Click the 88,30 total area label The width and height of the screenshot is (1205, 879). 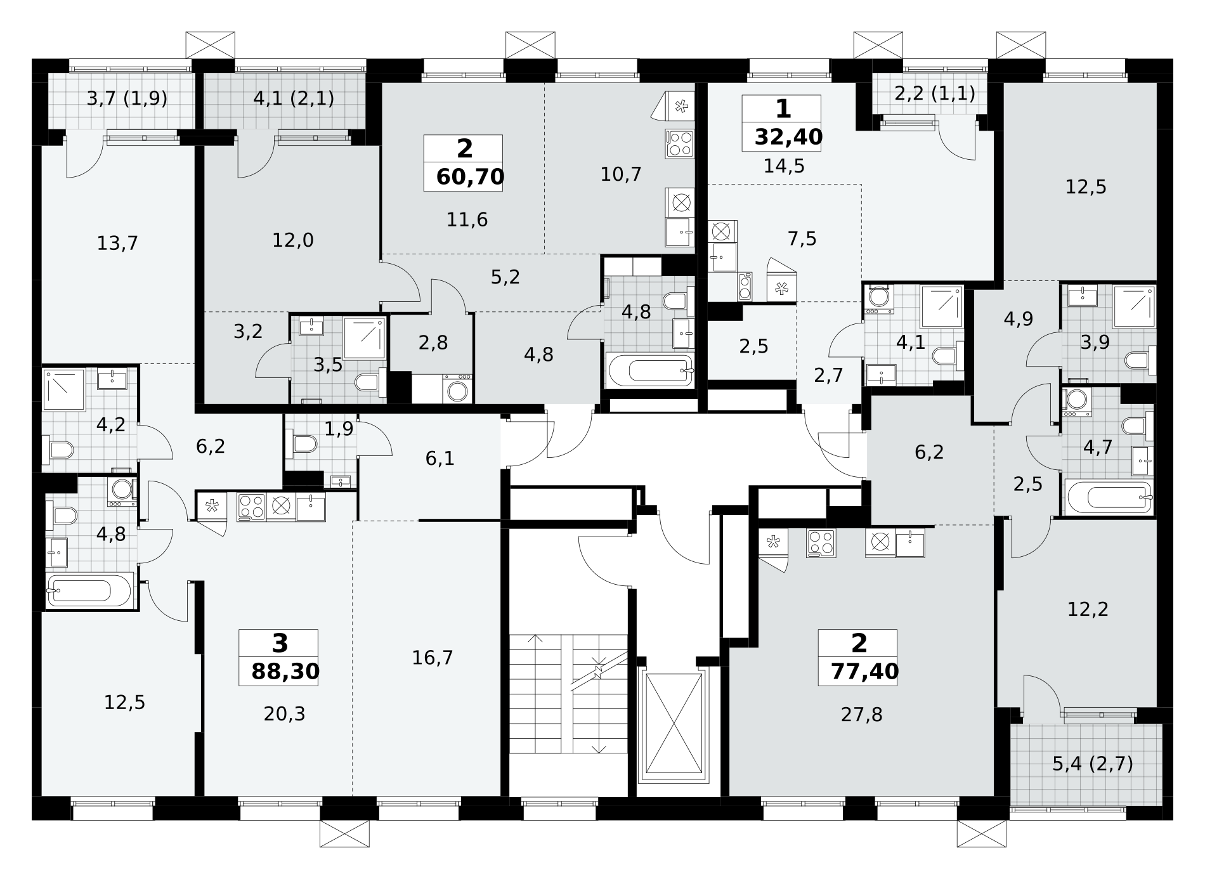pyautogui.click(x=285, y=672)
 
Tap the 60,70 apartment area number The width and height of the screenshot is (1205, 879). pyautogui.click(x=470, y=177)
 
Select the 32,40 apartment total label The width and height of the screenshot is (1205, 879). pyautogui.click(x=788, y=136)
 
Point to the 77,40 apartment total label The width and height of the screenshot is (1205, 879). pyautogui.click(x=865, y=672)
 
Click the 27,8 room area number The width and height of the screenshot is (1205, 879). pyautogui.click(x=861, y=715)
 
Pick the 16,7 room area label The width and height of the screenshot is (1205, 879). pyautogui.click(x=433, y=658)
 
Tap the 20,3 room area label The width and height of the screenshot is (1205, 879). pyautogui.click(x=284, y=714)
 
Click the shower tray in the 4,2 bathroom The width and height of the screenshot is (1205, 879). pyautogui.click(x=64, y=389)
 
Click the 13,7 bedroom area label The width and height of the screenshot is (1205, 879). pyautogui.click(x=117, y=243)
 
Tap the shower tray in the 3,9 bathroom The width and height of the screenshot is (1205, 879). pyautogui.click(x=1134, y=306)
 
